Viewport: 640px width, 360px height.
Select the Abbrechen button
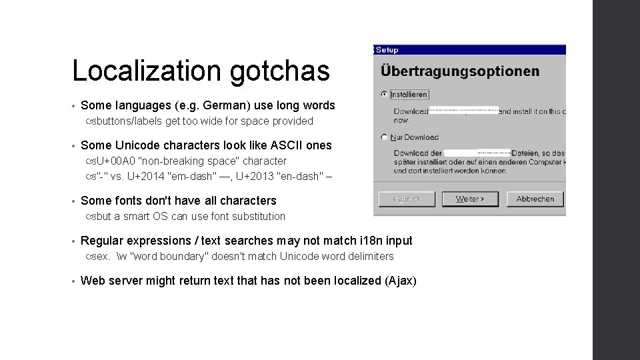click(535, 199)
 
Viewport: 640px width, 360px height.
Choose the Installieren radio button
click(384, 95)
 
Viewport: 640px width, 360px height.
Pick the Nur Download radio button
click(384, 137)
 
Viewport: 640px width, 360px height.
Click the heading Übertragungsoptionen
click(460, 71)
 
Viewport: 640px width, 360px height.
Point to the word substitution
click(256, 216)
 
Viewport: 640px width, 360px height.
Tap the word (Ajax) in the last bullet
click(401, 281)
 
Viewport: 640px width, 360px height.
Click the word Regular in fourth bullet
click(102, 241)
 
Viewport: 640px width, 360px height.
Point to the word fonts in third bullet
click(129, 201)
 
